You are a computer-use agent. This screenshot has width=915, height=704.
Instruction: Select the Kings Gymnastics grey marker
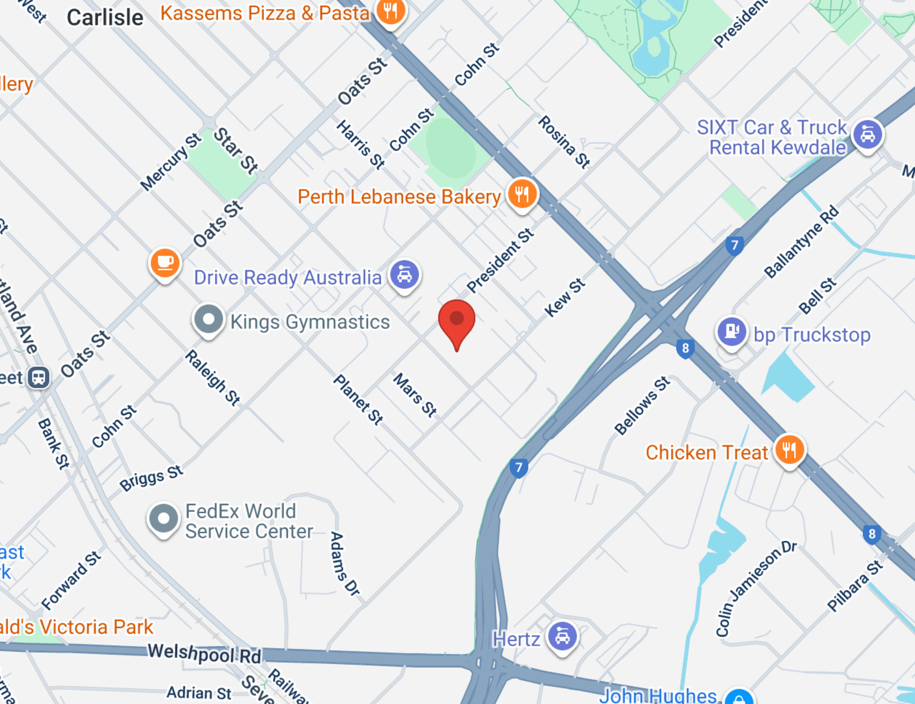(208, 319)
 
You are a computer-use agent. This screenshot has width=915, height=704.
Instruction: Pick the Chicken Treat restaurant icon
(789, 450)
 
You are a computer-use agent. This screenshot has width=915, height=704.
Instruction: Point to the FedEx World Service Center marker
(164, 518)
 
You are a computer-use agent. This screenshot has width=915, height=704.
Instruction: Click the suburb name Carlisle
(105, 18)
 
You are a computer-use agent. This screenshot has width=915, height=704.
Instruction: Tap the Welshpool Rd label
(204, 653)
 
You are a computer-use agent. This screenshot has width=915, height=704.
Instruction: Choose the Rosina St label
(564, 142)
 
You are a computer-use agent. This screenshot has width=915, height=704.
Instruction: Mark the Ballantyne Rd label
(801, 242)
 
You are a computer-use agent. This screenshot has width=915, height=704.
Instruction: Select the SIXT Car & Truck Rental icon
(868, 135)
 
